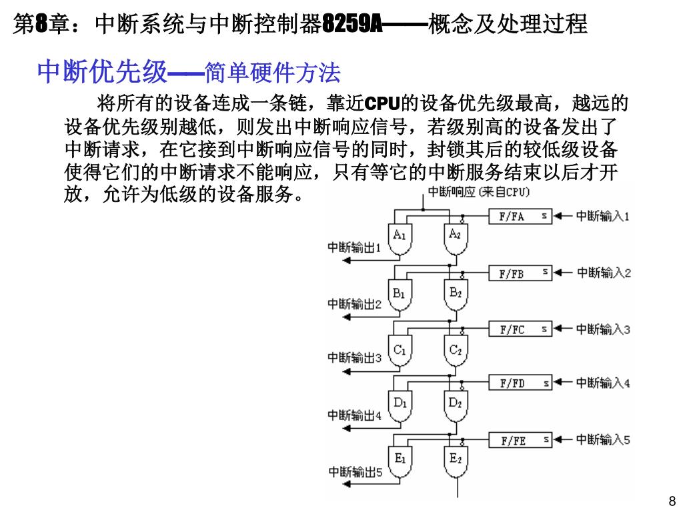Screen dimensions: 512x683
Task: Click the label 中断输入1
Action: point(603,216)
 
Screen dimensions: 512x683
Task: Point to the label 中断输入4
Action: point(603,383)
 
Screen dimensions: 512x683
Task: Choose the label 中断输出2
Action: point(354,305)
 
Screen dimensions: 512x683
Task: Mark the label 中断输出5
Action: point(355,472)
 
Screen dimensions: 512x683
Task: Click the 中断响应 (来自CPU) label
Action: point(478,192)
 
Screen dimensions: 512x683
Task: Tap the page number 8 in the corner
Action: point(672,501)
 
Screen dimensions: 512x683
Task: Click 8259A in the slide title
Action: point(352,25)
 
